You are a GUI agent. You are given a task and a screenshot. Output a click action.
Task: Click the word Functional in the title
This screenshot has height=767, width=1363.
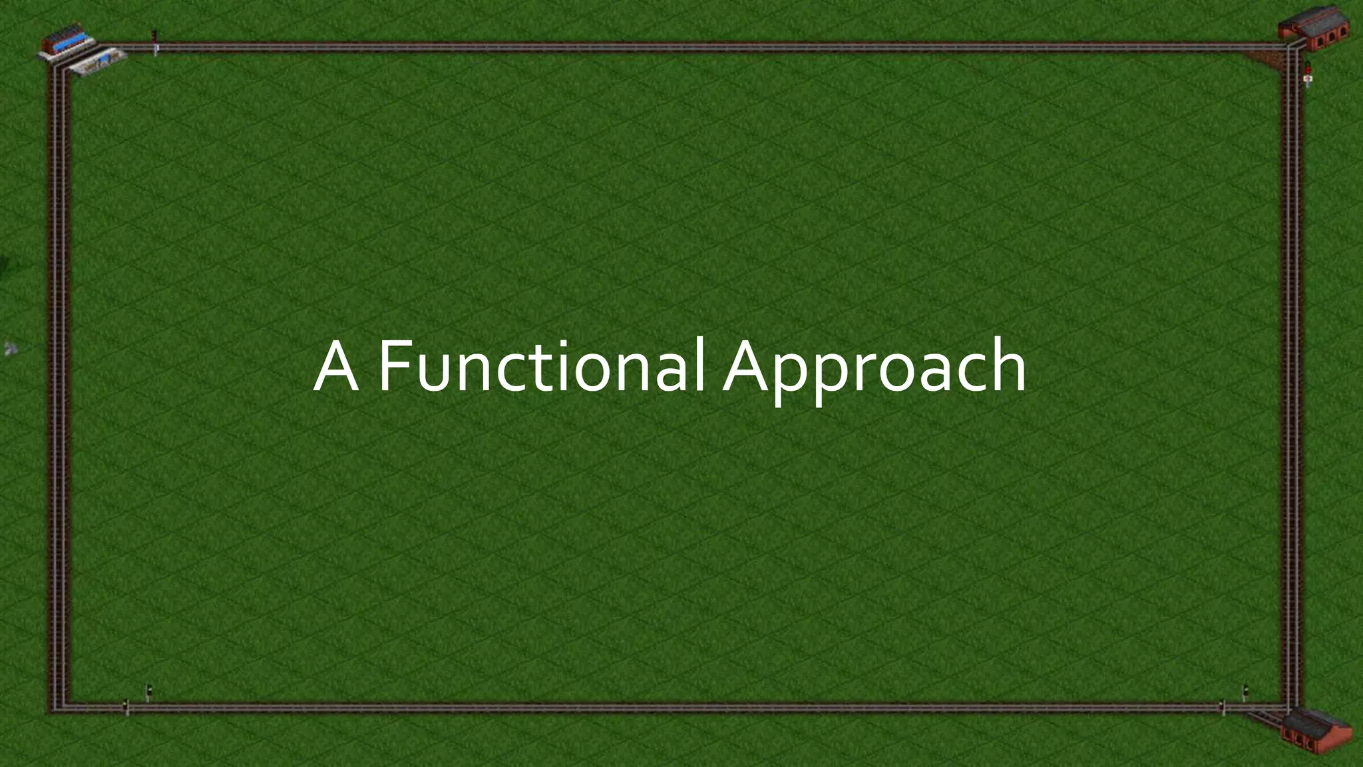(540, 367)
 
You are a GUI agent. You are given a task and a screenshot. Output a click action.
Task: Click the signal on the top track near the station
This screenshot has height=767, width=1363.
(155, 41)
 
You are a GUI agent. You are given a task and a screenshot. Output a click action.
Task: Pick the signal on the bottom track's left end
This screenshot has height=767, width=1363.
(126, 707)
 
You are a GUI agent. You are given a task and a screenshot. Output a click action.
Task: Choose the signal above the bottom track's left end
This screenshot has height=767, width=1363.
(148, 693)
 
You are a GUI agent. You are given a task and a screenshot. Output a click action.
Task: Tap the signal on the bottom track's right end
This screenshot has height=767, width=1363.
(1223, 707)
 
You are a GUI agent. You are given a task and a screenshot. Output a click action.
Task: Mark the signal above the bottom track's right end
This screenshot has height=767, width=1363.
(1245, 693)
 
